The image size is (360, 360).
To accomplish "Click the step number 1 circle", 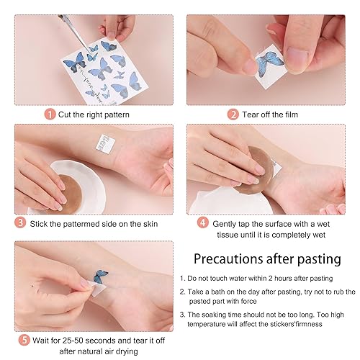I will coord(48,113).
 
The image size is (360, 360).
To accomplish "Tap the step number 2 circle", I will coord(233,113).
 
